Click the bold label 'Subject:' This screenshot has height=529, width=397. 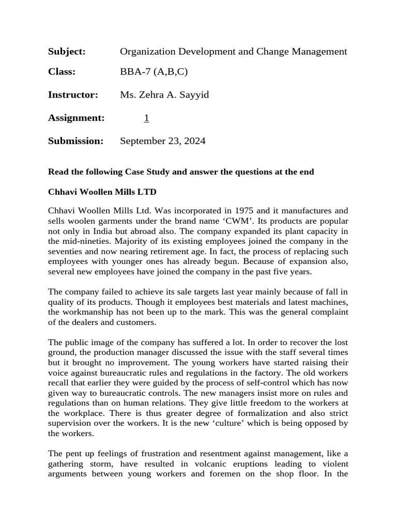point(66,52)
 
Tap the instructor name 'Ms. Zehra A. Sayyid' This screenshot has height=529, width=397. point(164,95)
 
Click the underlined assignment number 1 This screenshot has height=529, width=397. point(146,118)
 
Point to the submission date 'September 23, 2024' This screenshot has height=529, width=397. point(162,141)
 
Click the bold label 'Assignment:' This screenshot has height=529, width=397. point(76,118)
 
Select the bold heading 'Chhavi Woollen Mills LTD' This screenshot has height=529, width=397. point(102,192)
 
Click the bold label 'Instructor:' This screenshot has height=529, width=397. point(73,95)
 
